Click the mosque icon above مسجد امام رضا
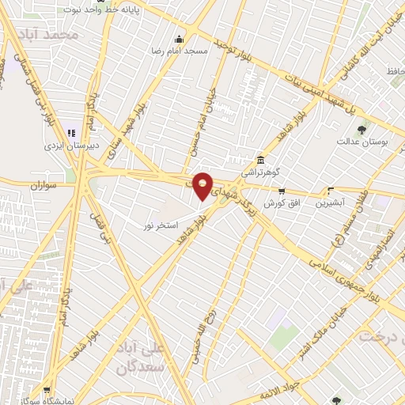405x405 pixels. [x=180, y=39]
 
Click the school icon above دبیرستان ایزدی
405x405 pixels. [x=72, y=134]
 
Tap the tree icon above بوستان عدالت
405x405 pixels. [x=362, y=128]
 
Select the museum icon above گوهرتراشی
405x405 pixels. [x=260, y=159]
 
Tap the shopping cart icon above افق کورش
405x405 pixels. [x=281, y=191]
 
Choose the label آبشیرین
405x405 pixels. [x=331, y=202]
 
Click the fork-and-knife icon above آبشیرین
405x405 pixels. [x=331, y=191]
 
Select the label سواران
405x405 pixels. [x=46, y=186]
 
